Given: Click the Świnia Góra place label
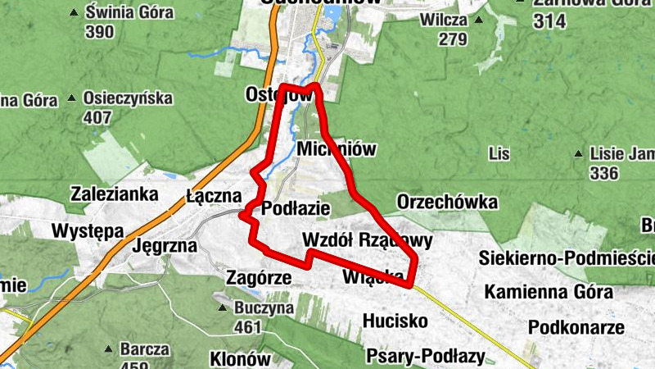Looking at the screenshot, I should [x=129, y=13].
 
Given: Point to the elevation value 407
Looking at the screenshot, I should [x=97, y=117].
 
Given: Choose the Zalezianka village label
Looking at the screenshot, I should [x=114, y=194].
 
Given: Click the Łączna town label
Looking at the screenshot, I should [x=214, y=196].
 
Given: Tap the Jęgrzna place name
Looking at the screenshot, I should [x=165, y=244].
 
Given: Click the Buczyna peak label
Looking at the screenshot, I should [x=263, y=309].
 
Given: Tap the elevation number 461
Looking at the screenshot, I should [x=247, y=327].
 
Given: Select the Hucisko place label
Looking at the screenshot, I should [x=395, y=321].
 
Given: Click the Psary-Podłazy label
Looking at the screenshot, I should [x=426, y=357].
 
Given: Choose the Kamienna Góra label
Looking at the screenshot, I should [x=549, y=292].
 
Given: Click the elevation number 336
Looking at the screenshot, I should [x=603, y=173].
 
